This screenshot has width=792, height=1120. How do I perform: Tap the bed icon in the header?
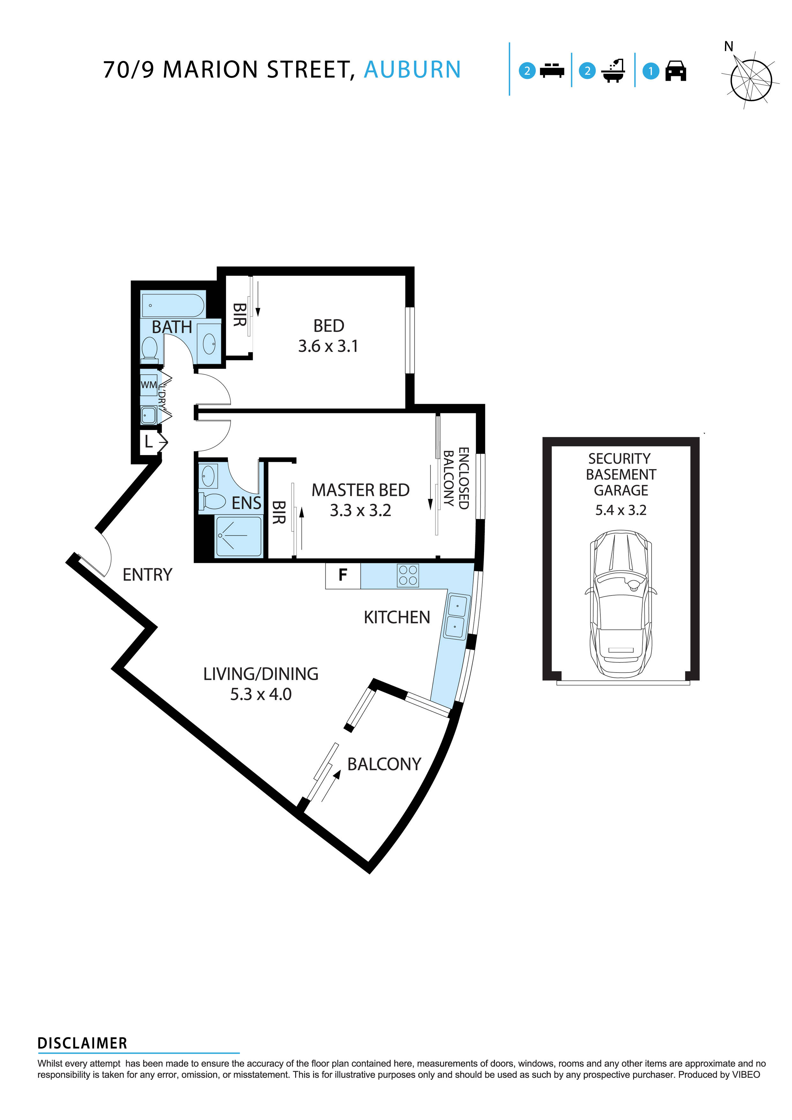552,71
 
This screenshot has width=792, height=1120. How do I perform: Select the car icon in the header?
676,71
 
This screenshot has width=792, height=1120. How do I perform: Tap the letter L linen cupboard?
149,442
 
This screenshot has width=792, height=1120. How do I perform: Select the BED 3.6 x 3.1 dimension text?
328,346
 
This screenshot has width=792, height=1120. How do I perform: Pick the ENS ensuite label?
246,503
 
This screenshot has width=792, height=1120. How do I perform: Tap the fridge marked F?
343,575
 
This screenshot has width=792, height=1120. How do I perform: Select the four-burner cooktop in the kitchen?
408,575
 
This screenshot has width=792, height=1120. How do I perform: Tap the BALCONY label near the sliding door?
384,764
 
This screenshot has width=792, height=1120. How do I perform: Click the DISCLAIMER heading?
82,1043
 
